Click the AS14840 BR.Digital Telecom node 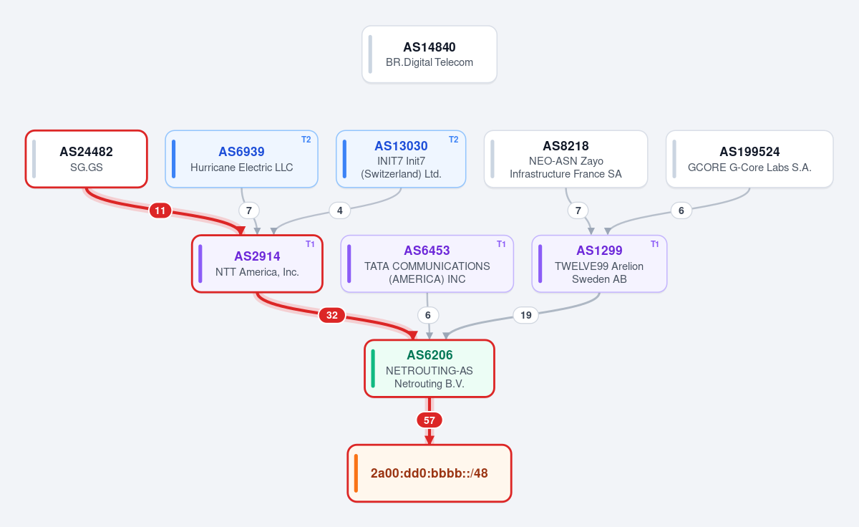coord(429,54)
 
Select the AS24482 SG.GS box coord(87,159)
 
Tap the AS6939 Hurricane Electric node coord(242,159)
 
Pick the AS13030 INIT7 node coord(401,159)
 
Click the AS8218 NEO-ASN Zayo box coord(566,159)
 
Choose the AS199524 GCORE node coord(749,159)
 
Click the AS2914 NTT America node coord(257,263)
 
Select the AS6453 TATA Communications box coord(427,263)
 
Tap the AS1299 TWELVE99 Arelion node coord(599,263)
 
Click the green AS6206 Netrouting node coord(429,368)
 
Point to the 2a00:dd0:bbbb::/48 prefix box coord(429,473)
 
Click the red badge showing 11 coord(160,211)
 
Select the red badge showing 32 coord(331,315)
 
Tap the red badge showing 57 coord(429,420)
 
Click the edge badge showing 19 coord(525,315)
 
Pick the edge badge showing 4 coord(340,211)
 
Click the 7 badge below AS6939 coord(249,211)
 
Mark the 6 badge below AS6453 coord(428,315)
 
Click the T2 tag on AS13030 coord(453,140)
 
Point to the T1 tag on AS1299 coord(654,244)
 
